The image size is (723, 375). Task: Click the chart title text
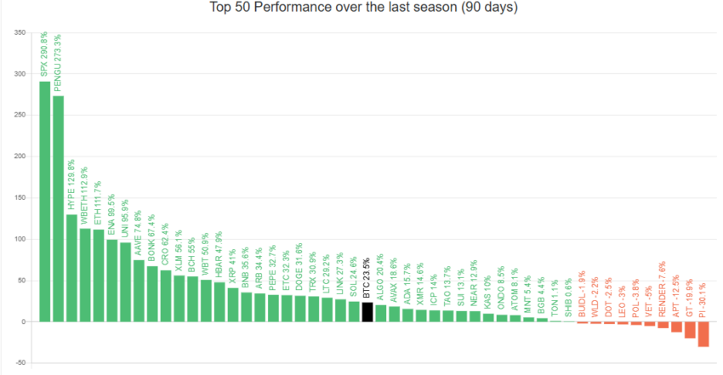(x=363, y=8)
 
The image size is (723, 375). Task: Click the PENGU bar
(x=58, y=208)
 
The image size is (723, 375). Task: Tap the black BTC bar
(x=367, y=312)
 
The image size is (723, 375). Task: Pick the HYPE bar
(x=71, y=268)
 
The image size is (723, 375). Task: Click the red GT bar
(x=690, y=330)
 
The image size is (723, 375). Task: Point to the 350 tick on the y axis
(x=18, y=33)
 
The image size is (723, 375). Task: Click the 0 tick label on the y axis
(x=22, y=321)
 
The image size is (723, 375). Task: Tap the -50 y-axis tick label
(x=18, y=363)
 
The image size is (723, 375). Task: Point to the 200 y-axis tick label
(x=18, y=156)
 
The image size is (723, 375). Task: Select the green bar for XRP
(x=232, y=305)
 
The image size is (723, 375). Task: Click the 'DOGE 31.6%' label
(x=300, y=271)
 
